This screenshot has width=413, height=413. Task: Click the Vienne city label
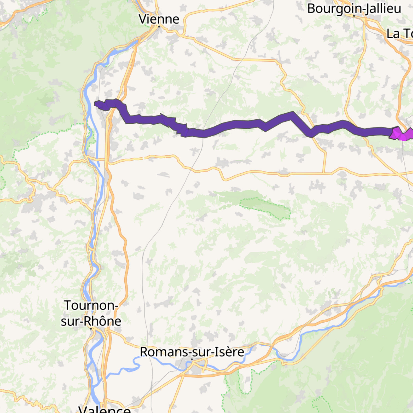(159, 19)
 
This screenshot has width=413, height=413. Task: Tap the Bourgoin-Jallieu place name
(354, 9)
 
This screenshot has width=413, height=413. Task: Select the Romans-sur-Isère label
(192, 352)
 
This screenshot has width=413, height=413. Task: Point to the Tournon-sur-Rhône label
(91, 313)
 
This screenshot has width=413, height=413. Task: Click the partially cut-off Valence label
(104, 409)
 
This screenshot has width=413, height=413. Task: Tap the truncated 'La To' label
(399, 34)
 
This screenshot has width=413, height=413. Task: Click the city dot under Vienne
(159, 26)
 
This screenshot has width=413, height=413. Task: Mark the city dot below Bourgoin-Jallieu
(354, 16)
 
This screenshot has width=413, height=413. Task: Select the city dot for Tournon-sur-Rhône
(91, 329)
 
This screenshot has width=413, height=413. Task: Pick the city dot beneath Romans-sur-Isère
(192, 359)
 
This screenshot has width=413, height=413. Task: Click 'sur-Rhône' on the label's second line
(91, 321)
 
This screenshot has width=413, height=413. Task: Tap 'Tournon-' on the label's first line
(91, 305)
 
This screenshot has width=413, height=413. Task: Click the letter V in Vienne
(142, 19)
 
